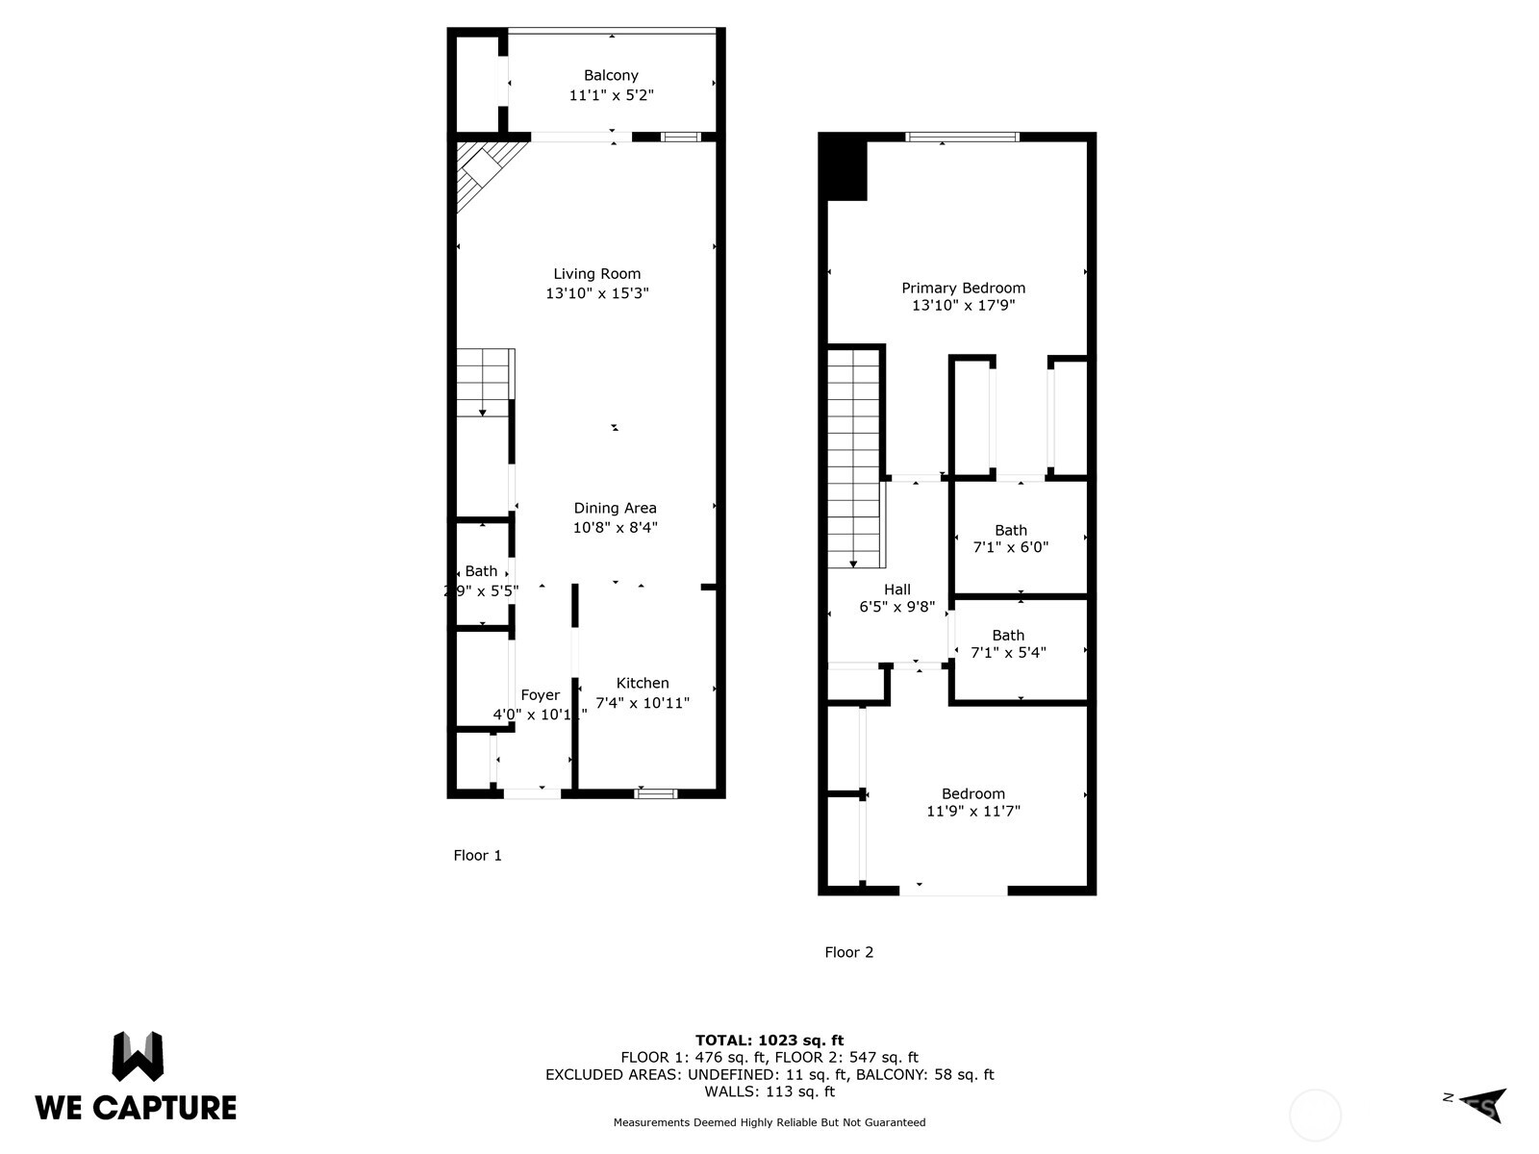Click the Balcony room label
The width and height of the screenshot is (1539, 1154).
[x=611, y=75]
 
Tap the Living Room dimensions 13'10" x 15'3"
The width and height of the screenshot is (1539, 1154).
[x=597, y=293]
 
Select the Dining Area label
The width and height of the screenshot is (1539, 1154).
[x=615, y=508]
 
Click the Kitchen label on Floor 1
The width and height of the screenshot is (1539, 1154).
[x=643, y=683]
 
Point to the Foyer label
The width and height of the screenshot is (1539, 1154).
[x=540, y=695]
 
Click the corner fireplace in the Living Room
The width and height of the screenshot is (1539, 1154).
[x=481, y=170]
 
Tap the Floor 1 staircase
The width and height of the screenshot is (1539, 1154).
[x=484, y=382]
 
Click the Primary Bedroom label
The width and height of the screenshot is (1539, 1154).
[x=963, y=288]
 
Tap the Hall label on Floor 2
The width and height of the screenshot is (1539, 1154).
[x=896, y=590]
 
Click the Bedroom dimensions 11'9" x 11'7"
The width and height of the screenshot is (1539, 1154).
[x=972, y=812]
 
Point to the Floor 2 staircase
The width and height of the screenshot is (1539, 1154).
[x=854, y=457]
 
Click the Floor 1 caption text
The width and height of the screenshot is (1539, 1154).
[x=477, y=855]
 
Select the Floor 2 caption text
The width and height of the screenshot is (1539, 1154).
[x=848, y=952]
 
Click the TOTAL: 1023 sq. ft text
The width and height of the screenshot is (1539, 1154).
[x=769, y=1040]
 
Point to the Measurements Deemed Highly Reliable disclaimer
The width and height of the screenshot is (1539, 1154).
[x=769, y=1122]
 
